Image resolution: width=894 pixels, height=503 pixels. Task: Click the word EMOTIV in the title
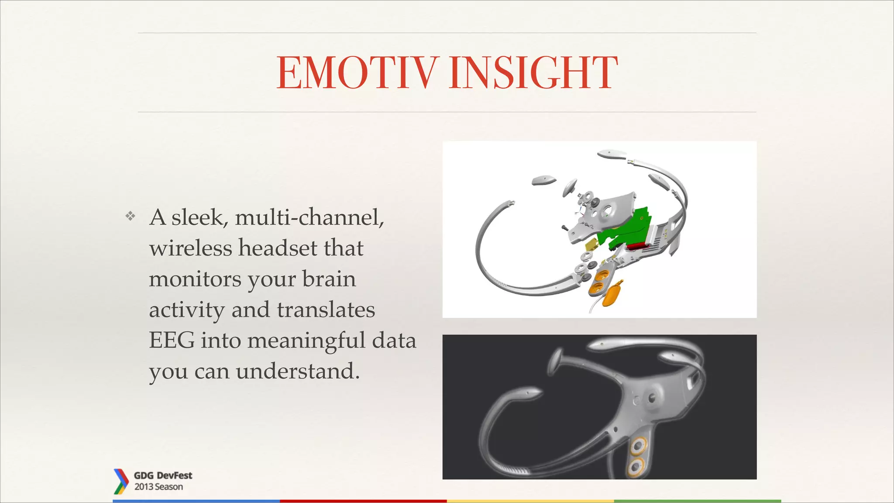pyautogui.click(x=357, y=73)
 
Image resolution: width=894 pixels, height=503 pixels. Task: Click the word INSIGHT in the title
pyautogui.click(x=533, y=73)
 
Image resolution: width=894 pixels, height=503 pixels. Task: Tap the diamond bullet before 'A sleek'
pyautogui.click(x=130, y=216)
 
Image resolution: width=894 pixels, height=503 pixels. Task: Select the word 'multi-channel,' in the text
pyautogui.click(x=309, y=217)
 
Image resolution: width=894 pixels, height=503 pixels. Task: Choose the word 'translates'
pyautogui.click(x=326, y=310)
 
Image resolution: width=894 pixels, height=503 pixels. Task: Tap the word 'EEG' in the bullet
pyautogui.click(x=172, y=341)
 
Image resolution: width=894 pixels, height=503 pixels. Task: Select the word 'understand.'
pyautogui.click(x=298, y=372)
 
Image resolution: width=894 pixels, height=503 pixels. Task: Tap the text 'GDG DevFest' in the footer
pyautogui.click(x=163, y=475)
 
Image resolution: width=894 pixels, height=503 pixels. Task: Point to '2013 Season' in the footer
pyautogui.click(x=158, y=487)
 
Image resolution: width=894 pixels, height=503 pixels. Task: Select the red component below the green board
pyautogui.click(x=639, y=247)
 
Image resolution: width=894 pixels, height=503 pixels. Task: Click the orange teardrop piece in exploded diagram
pyautogui.click(x=611, y=296)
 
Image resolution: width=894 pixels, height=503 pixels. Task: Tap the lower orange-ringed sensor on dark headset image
pyautogui.click(x=635, y=467)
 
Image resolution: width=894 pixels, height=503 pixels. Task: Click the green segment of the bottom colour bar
pyautogui.click(x=697, y=501)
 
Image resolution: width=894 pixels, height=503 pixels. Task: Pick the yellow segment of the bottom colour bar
pyautogui.click(x=530, y=501)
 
